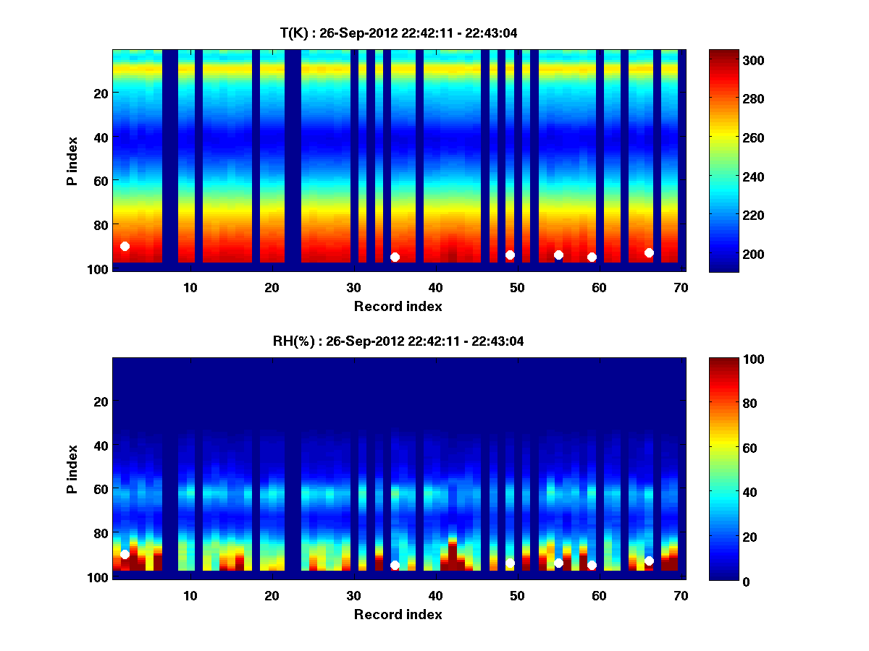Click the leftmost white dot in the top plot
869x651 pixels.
125,247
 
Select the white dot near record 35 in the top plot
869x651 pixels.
395,257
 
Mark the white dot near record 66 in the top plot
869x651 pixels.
649,252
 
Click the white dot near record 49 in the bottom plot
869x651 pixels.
510,563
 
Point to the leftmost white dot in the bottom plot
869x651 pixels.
125,554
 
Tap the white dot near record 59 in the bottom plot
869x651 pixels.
592,565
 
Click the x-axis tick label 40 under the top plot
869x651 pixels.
435,287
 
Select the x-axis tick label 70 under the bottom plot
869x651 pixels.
681,595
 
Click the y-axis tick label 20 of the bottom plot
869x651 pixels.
101,401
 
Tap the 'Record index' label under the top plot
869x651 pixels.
398,306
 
